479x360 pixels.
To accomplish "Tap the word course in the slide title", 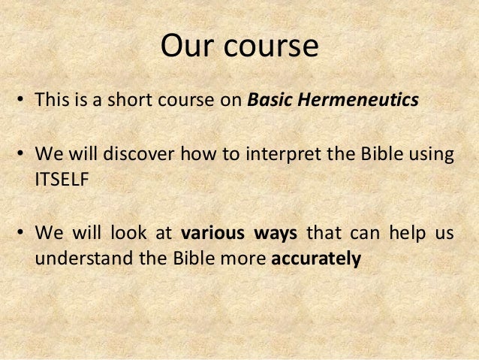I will (273, 47).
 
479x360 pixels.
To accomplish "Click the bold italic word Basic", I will (270, 101).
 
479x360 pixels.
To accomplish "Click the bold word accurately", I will (316, 258).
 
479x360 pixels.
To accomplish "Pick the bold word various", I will (209, 233).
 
